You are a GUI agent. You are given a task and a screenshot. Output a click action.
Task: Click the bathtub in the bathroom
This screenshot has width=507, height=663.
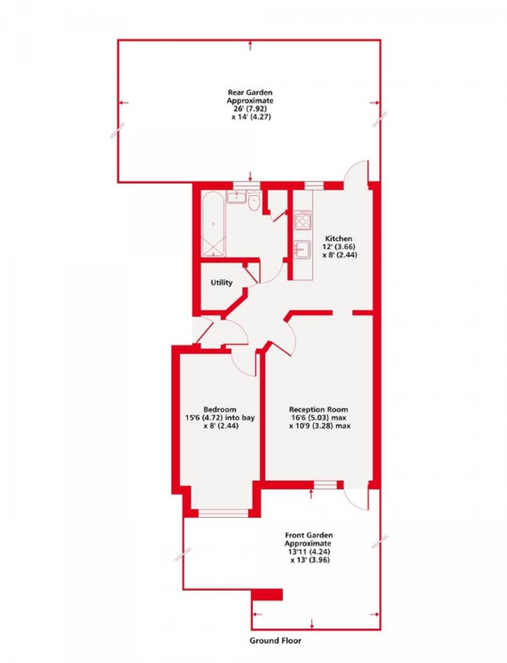[213, 224]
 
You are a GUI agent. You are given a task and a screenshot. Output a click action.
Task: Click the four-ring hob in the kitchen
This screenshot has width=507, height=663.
[303, 221]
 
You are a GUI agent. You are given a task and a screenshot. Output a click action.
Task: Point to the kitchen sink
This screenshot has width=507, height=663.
[303, 248]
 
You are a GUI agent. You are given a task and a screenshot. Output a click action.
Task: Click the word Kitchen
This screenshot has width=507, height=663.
[338, 238]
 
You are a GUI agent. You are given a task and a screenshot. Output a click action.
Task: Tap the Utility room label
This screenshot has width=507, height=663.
[221, 282]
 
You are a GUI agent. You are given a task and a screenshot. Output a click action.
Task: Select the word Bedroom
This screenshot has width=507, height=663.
[220, 409]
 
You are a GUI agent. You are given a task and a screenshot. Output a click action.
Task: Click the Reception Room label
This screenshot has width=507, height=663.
[319, 409]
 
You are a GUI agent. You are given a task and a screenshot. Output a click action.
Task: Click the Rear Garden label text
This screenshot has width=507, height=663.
[250, 92]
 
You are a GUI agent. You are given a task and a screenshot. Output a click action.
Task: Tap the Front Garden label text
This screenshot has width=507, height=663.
[309, 535]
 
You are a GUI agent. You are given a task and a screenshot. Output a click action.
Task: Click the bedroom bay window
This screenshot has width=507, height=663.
[223, 513]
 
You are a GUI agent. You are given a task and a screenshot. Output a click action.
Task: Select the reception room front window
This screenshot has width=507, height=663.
[326, 485]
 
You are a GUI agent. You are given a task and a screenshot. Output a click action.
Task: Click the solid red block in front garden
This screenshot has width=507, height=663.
[267, 595]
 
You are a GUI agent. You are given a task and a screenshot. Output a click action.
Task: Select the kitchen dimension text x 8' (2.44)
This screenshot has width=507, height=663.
[340, 255]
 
